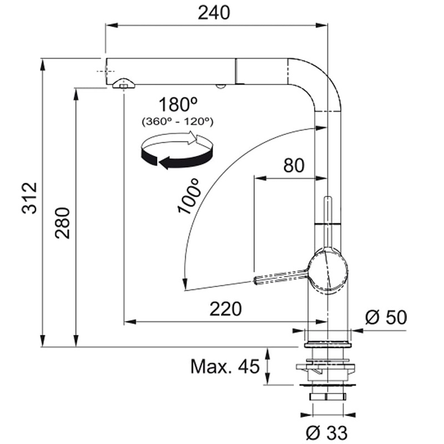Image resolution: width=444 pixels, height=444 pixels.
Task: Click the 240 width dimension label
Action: (214, 13)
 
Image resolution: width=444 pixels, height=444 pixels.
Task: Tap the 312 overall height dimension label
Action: (29, 198)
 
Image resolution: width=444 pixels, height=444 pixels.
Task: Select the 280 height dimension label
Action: (62, 223)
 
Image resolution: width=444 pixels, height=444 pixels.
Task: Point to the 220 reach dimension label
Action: (226, 309)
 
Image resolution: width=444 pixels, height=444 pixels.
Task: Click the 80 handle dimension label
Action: (294, 165)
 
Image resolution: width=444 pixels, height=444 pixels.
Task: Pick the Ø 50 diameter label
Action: (386, 317)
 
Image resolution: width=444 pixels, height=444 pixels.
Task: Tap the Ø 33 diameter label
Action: (327, 432)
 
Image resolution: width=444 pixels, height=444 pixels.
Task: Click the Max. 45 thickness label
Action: (225, 366)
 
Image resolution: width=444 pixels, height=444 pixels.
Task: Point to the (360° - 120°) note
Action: (178, 122)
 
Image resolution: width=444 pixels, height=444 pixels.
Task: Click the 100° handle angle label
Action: (188, 196)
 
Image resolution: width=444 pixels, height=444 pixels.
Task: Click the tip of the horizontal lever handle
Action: (255, 281)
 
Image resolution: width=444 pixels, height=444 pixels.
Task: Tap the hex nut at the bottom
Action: (327, 396)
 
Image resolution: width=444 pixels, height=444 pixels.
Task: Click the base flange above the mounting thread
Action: (327, 345)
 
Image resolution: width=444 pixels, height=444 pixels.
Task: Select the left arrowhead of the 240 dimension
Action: (112, 26)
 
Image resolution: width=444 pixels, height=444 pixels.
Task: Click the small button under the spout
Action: (220, 86)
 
